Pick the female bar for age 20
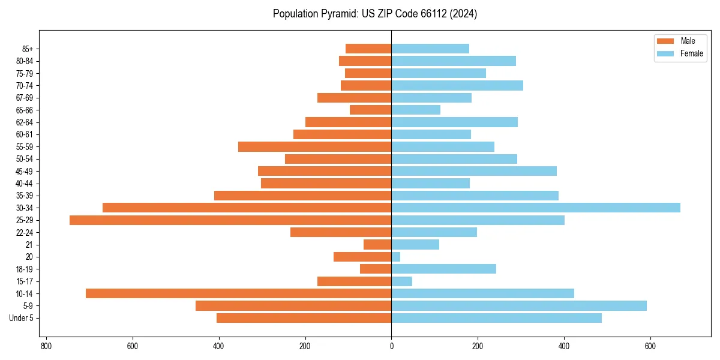click(x=396, y=257)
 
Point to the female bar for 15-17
click(x=402, y=281)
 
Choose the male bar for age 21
click(x=377, y=245)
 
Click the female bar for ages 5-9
click(x=519, y=306)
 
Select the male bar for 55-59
click(x=315, y=147)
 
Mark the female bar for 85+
click(x=430, y=49)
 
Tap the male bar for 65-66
click(x=371, y=110)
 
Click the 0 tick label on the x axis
click(x=392, y=346)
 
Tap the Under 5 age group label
click(x=21, y=318)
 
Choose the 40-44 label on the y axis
click(x=25, y=184)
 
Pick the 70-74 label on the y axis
click(x=25, y=85)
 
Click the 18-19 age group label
click(x=25, y=269)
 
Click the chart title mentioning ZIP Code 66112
click(x=375, y=14)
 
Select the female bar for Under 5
click(x=497, y=318)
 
